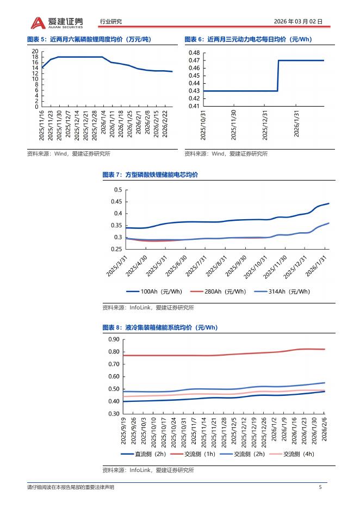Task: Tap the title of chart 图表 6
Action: (241, 39)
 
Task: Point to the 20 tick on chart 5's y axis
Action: (35, 51)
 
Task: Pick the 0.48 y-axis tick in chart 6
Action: (194, 53)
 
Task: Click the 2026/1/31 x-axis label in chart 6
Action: (297, 124)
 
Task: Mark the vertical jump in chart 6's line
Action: (278, 76)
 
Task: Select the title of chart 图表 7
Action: (150, 175)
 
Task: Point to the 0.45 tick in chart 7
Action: (117, 202)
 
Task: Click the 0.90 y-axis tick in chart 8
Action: (114, 339)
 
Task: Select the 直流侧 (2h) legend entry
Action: (143, 454)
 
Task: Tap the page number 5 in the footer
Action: (320, 487)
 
